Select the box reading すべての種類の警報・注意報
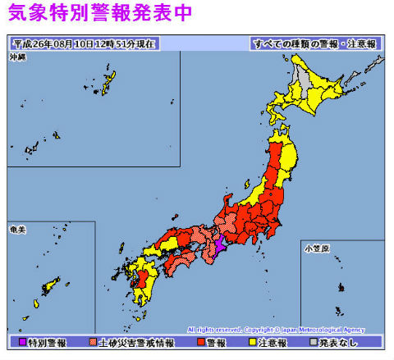(x=314, y=43)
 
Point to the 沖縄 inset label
(x=17, y=57)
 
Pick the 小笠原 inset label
(x=314, y=246)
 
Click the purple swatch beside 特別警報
(x=21, y=341)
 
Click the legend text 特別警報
(x=46, y=341)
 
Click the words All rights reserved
(x=214, y=329)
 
